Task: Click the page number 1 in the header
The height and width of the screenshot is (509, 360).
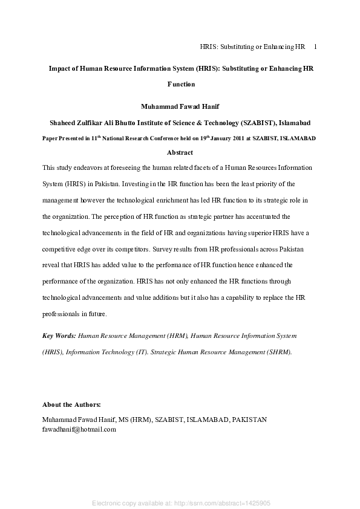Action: (316, 47)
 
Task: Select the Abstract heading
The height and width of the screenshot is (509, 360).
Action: (180, 152)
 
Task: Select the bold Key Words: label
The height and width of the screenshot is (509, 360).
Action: (59, 334)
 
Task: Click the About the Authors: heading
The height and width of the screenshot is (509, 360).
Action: (71, 404)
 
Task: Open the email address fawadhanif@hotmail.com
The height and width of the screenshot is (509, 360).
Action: (79, 429)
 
